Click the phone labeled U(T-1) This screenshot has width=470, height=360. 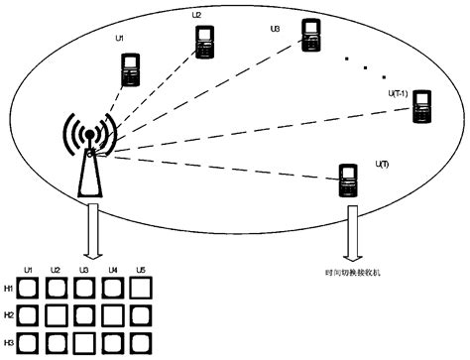(x=422, y=105)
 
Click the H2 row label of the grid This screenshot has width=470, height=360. (x=8, y=315)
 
